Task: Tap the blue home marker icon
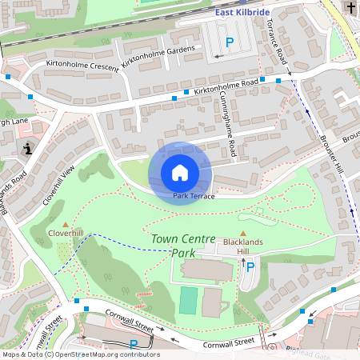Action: tap(180, 173)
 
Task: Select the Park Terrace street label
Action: tap(194, 196)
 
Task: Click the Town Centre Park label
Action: tap(184, 246)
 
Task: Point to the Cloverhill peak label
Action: tap(66, 233)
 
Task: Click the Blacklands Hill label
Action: tap(243, 245)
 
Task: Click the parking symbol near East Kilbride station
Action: tap(230, 42)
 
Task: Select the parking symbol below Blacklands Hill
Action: tap(250, 266)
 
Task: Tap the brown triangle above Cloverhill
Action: tap(66, 223)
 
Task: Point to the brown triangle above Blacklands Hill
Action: tap(243, 233)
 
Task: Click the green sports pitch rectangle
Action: tap(188, 301)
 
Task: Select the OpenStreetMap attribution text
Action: tap(80, 354)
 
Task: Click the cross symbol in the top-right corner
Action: tap(351, 8)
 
